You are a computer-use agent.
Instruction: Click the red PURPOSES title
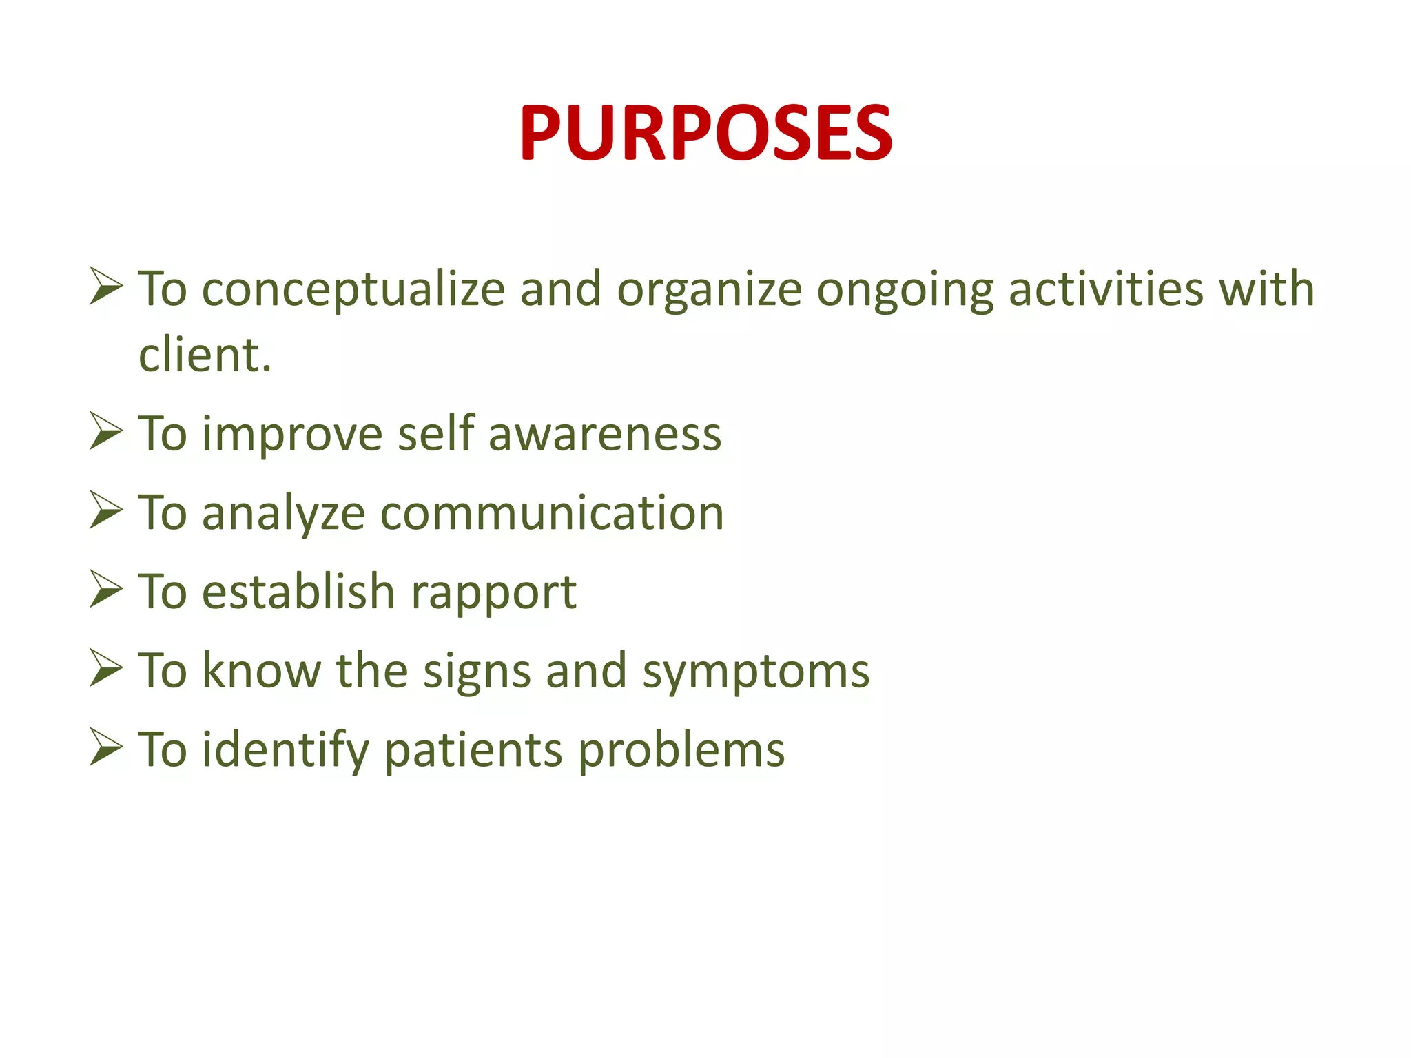[x=705, y=132]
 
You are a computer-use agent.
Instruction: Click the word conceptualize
[x=353, y=289]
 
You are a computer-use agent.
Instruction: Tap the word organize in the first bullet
[x=709, y=289]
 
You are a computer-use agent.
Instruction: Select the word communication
[x=552, y=513]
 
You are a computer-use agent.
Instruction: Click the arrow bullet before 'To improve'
[x=105, y=432]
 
